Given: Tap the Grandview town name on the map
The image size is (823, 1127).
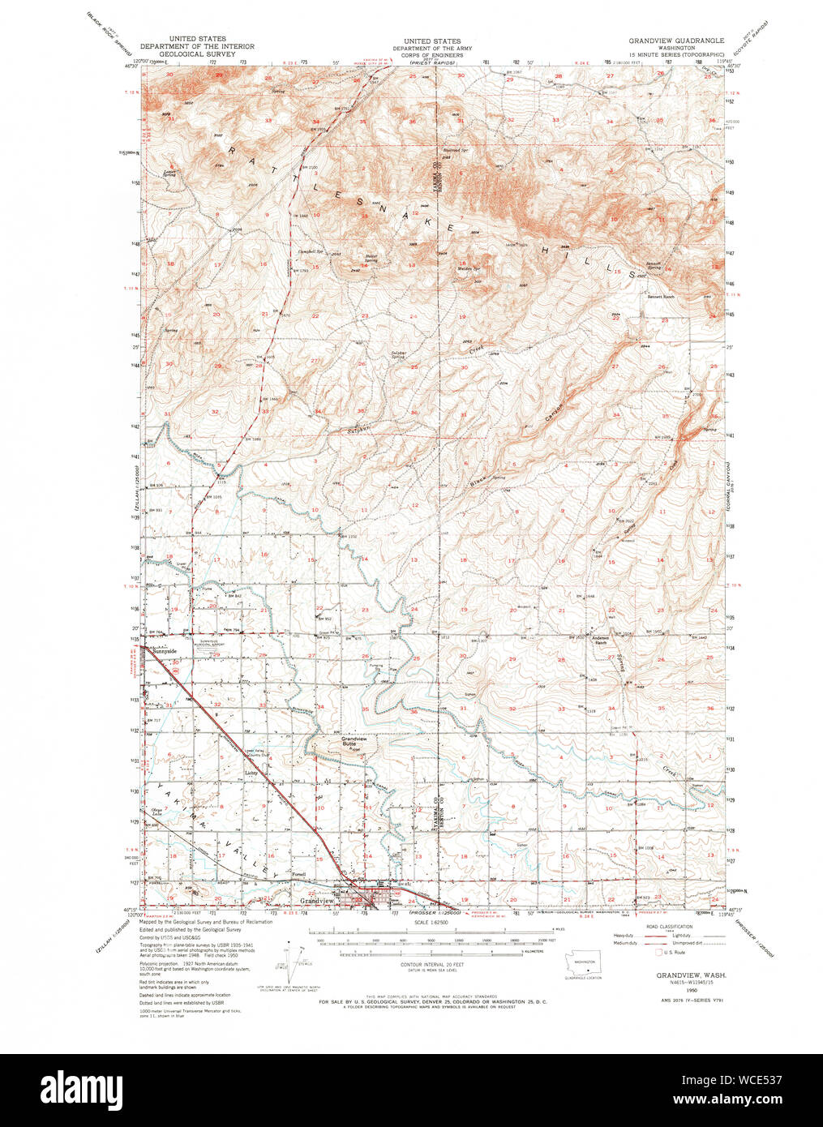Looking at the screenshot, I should click(x=317, y=902).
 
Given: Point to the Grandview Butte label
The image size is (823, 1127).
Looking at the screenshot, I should click(x=354, y=741).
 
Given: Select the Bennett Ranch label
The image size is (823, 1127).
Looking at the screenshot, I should click(x=660, y=297).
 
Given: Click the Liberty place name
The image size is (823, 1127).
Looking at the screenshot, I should click(x=251, y=773).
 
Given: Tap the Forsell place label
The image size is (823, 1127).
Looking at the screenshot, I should click(x=299, y=875).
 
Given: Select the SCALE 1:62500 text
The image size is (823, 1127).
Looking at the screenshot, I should click(x=433, y=922).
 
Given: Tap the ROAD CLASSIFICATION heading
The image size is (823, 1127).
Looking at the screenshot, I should click(x=670, y=926).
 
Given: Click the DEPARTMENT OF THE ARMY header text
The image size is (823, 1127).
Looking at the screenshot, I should click(x=432, y=48).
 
